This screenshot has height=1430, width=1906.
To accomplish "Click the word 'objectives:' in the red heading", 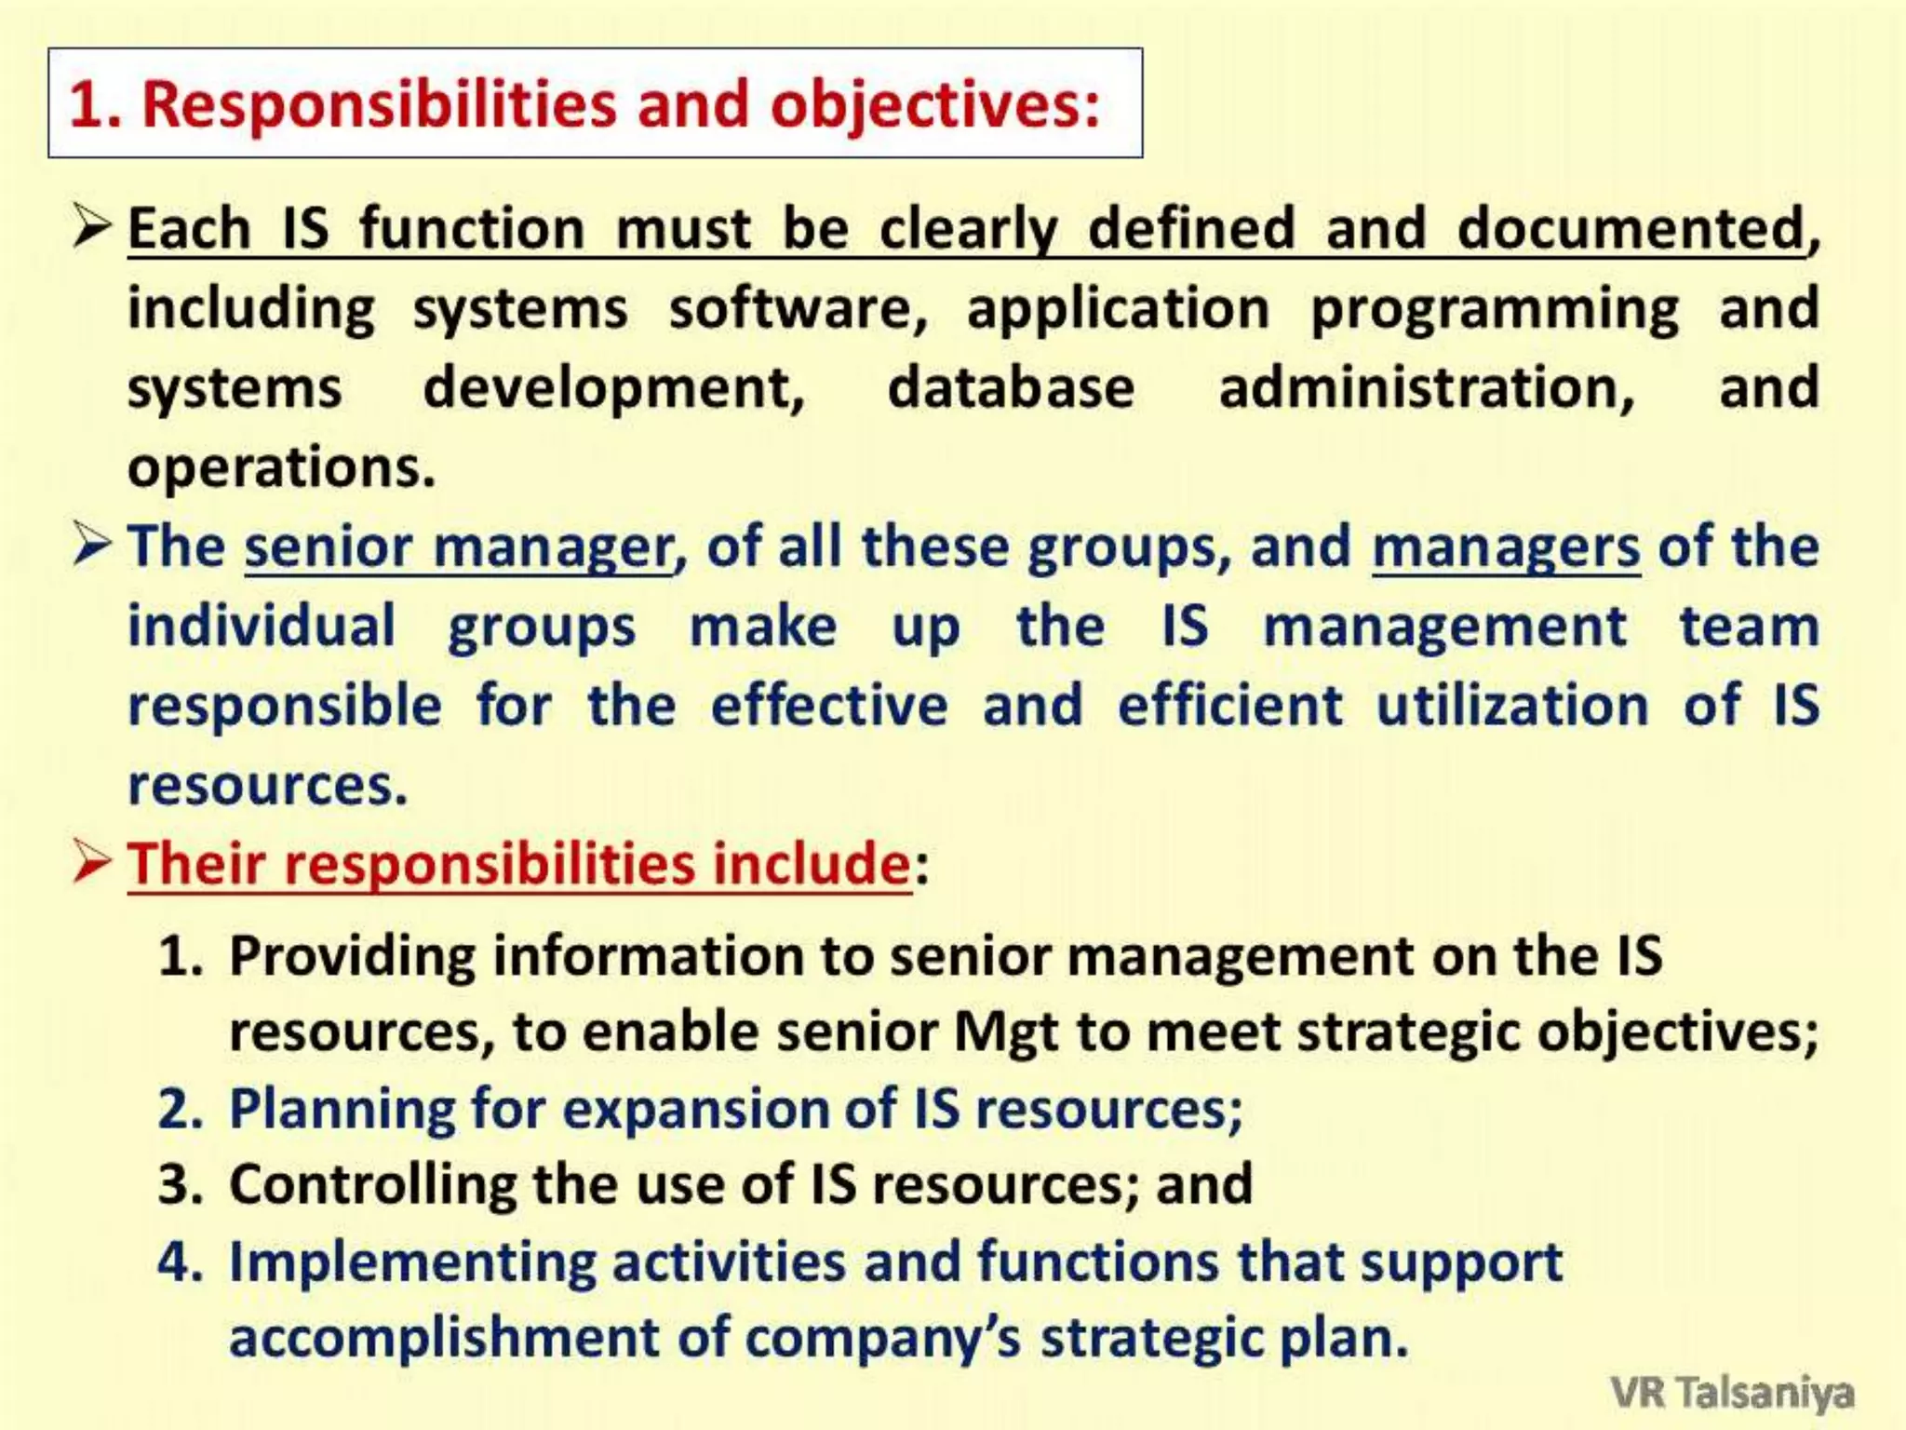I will pos(934,105).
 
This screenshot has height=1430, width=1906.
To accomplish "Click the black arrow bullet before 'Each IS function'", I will pos(92,226).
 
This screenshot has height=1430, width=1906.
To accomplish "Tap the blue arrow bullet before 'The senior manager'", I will pos(92,545).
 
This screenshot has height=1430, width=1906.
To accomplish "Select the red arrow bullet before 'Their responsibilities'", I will pos(92,862).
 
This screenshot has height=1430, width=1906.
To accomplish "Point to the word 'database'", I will pos(1011,387).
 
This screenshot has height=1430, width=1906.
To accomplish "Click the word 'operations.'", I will pos(281,467).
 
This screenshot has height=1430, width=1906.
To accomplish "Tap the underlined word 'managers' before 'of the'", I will pos(1505,546).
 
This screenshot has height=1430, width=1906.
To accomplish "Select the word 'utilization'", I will pos(1512,705).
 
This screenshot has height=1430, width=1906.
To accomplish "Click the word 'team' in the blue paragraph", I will pos(1749,626).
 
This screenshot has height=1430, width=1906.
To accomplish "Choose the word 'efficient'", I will pos(1229,705).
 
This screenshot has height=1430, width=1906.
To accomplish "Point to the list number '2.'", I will pos(181,1108).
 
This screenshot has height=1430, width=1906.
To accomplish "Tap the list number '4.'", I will pos(181,1261).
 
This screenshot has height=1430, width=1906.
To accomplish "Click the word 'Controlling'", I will pos(372,1185).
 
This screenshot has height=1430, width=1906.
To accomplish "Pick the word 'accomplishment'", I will pos(444,1338).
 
